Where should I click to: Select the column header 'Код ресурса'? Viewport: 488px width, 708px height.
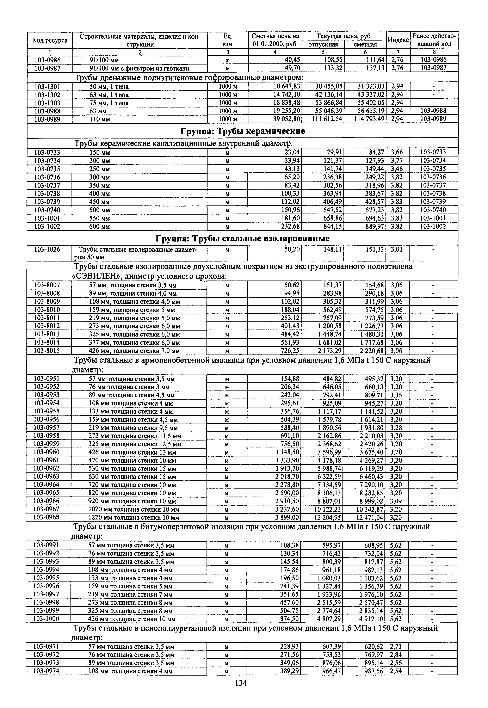tap(50, 40)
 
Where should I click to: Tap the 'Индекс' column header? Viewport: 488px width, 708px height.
tap(398, 40)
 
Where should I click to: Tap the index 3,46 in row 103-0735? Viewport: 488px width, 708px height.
tap(397, 169)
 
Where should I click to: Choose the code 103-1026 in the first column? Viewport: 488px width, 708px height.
tap(47, 250)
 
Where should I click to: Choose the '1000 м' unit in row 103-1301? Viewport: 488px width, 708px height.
tap(228, 87)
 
